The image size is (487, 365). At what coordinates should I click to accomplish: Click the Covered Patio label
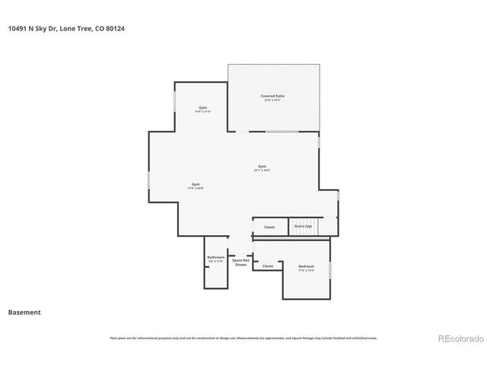tap(272, 96)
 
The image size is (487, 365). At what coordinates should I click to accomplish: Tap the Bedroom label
tap(307, 266)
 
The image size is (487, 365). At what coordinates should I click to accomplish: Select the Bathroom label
tap(215, 257)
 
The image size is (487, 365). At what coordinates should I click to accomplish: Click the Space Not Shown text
tap(240, 262)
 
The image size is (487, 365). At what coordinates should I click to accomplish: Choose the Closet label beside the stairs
tap(269, 227)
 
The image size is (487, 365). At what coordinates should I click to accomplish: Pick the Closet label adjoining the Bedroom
tap(268, 266)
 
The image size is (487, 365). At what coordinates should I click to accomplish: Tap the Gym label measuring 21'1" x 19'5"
tap(262, 166)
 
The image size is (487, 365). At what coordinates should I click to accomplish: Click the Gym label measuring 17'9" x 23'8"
tap(196, 184)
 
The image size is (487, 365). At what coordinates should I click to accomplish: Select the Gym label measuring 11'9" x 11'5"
tap(202, 107)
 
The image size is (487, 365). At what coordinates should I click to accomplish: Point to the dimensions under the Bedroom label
tap(307, 270)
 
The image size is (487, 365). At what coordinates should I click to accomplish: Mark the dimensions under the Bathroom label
tap(215, 261)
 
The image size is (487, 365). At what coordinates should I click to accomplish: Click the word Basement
tap(24, 313)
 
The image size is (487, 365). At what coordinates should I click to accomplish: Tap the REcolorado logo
tap(459, 338)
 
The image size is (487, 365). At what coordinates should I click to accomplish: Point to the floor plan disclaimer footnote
tap(243, 338)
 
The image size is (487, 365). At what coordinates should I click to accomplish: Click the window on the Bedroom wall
tap(330, 269)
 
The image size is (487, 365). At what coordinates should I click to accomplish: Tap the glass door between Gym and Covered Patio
tap(281, 132)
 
